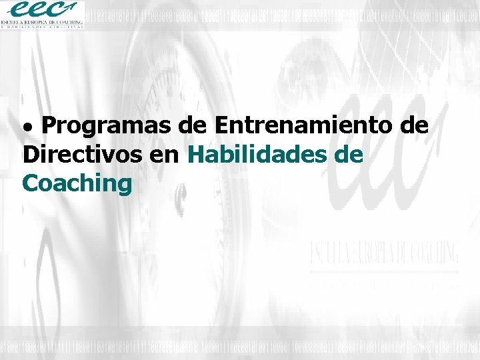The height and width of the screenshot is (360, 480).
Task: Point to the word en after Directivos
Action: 166,156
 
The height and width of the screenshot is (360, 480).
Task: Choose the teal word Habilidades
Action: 255,155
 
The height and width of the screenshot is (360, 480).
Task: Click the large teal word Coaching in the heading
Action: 77,184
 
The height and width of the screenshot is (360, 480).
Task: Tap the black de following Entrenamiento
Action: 414,125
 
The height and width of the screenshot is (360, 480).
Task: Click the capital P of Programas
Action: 55,125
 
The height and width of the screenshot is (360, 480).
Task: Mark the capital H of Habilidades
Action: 197,155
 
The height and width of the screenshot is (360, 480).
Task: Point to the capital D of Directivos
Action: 30,155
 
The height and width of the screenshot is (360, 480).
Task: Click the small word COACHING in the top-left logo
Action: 70,22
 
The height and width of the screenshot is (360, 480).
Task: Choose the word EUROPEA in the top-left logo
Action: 40,22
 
